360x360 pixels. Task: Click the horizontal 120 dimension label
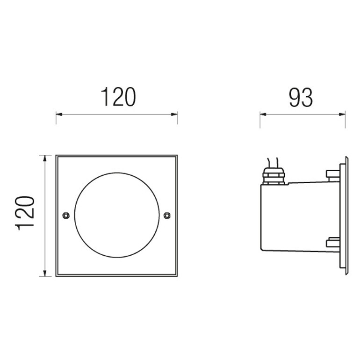118,97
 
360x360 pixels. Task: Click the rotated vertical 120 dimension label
25,213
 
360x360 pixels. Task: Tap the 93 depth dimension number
301,98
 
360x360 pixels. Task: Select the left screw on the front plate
66,216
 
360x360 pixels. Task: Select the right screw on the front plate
167,216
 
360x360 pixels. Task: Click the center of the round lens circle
117,215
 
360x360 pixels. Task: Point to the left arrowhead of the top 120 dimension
59,114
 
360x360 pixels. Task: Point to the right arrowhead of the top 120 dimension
174,114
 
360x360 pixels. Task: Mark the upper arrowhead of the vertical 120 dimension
45,158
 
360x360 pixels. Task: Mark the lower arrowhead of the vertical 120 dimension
45,273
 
